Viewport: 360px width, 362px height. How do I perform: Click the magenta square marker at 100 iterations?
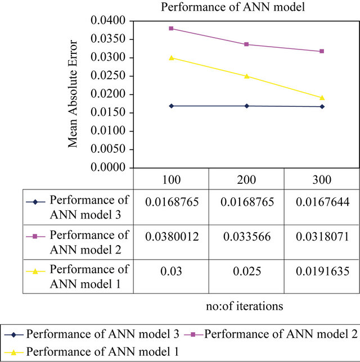tap(172, 28)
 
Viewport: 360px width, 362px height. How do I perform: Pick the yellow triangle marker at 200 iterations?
tap(246, 76)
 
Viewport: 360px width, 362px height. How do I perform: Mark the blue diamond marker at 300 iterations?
tap(322, 106)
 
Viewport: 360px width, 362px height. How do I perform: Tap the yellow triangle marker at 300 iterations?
tap(322, 98)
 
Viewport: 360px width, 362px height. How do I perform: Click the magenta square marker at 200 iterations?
tap(246, 44)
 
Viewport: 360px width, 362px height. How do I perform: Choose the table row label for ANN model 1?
tap(89, 275)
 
